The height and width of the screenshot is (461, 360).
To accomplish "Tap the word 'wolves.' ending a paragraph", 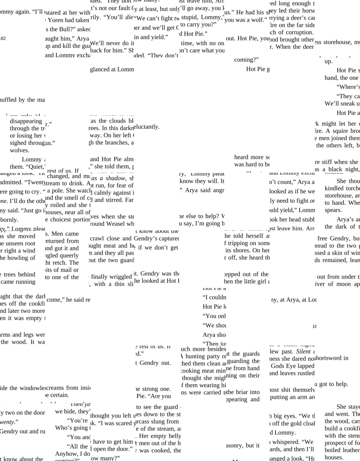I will pos(20,150).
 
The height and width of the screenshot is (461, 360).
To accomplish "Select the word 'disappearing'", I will pos(26,121).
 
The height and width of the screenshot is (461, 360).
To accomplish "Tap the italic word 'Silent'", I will pos(303,351).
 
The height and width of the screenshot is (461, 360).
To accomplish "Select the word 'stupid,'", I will pos(190,17).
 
